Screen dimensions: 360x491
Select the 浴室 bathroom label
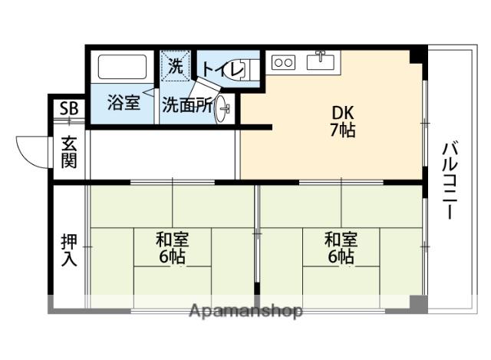123,102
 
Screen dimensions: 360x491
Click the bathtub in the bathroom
123,68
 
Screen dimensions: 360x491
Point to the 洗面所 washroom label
186,106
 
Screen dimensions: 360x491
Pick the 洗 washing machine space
176,66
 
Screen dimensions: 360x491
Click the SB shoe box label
68,109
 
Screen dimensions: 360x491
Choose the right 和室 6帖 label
341,247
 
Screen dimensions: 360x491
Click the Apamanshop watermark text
245,312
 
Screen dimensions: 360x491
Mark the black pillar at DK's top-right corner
417,55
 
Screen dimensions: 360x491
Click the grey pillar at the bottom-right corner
418,304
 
